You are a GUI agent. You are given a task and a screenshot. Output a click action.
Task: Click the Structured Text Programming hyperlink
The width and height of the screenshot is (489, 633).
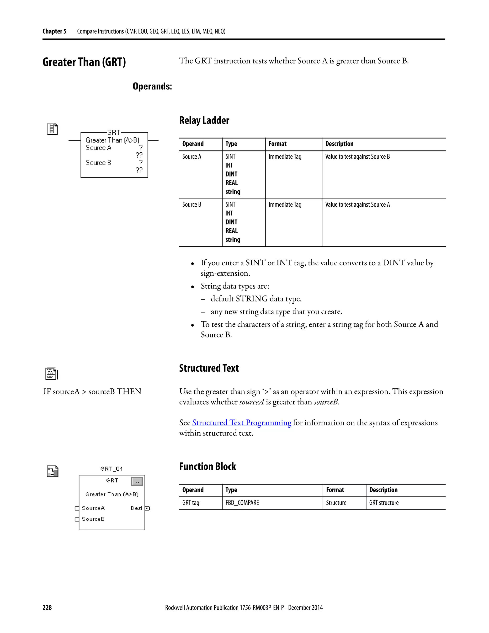coord(242,423)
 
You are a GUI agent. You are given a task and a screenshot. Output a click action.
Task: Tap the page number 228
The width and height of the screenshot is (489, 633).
coord(47,607)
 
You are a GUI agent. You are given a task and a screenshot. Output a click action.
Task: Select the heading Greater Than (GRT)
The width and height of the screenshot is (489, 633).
coord(84,62)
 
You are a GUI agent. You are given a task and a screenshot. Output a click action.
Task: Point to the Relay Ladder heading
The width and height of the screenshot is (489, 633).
coord(204,120)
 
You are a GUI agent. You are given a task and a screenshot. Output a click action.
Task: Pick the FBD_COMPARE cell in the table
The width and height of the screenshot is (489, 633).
coord(242,503)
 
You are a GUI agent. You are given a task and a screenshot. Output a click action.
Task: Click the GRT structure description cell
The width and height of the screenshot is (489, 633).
coord(384,503)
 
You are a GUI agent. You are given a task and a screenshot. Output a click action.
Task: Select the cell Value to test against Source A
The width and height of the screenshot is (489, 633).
coord(357,205)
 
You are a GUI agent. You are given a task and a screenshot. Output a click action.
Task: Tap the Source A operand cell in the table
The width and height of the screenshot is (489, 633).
coord(191,156)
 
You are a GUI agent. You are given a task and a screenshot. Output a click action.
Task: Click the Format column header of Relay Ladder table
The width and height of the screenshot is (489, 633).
coord(277,144)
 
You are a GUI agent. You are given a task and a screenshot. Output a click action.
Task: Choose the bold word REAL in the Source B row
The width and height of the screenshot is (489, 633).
coord(231,231)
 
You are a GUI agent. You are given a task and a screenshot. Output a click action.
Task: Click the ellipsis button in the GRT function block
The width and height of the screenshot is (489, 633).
coord(137,482)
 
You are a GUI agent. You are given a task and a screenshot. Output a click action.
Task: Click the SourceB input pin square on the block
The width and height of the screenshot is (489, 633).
coord(77,519)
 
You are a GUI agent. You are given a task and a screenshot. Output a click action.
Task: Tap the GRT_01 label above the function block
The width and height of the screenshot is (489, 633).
coord(112,469)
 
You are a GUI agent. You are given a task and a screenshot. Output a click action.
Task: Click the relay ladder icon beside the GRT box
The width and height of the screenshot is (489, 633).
coord(53,129)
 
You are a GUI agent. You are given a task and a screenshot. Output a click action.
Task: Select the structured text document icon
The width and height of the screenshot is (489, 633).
coord(52,374)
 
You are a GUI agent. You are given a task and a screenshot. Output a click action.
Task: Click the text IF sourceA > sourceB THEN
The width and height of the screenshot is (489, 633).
coord(92,392)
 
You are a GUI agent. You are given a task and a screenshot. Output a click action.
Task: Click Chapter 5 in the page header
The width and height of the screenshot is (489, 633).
coord(54,31)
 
